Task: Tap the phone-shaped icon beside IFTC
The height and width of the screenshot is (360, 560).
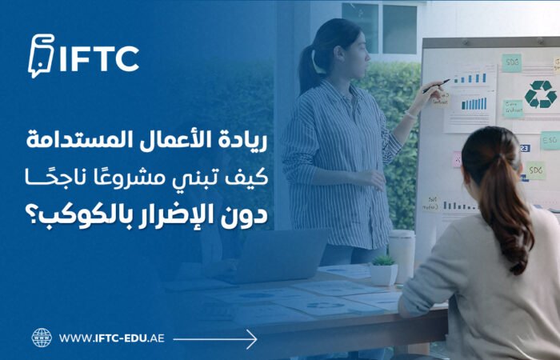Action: [40, 57]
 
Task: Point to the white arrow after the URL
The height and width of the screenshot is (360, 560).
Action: [215, 338]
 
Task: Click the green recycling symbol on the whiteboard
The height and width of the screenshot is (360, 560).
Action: [540, 94]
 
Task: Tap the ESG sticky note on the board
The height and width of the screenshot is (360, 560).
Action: [550, 140]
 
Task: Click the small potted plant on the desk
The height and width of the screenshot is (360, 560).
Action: [383, 270]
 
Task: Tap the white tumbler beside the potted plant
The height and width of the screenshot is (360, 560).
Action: [402, 254]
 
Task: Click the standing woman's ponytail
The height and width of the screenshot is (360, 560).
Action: [309, 68]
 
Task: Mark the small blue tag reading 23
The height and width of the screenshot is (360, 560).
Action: [525, 148]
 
